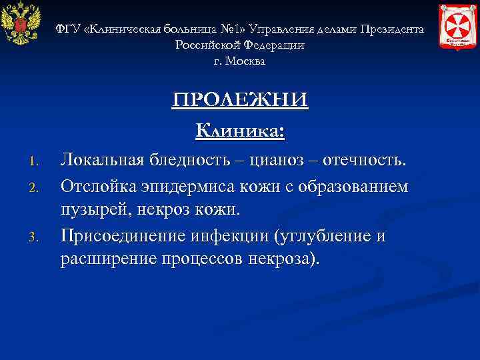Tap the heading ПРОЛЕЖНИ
click(240, 100)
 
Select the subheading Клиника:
click(240, 130)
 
